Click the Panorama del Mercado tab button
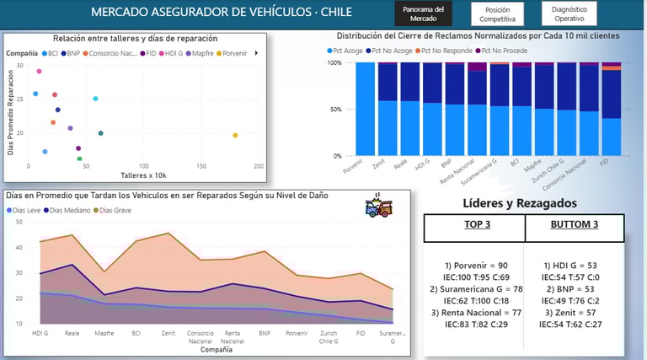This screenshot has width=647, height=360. click(423, 13)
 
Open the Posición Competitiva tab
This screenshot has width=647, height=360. click(498, 13)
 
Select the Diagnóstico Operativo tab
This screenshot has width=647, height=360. click(569, 13)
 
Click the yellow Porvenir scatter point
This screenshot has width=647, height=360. click(235, 135)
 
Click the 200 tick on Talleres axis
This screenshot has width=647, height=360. click(258, 166)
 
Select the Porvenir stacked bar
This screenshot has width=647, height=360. click(365, 109)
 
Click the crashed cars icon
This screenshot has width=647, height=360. click(377, 207)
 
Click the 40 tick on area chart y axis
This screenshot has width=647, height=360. click(19, 247)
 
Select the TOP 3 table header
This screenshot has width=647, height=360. click(476, 225)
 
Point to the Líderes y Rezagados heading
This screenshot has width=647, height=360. click(520, 202)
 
